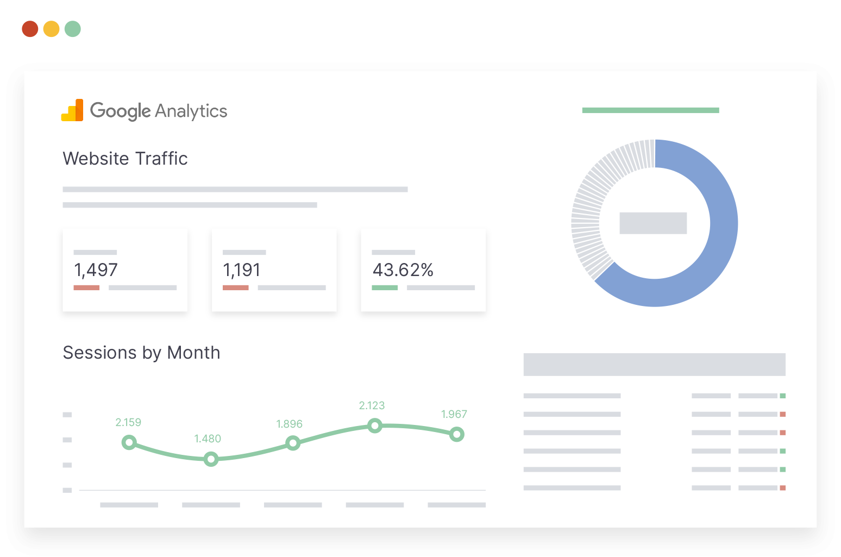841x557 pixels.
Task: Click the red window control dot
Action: (30, 29)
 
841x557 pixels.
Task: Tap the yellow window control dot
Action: (51, 29)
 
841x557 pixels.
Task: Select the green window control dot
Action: (73, 29)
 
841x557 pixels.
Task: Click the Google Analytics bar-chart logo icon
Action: (72, 110)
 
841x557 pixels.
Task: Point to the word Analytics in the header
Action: (191, 111)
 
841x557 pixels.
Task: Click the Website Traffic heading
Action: (125, 159)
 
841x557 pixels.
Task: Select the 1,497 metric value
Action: (96, 270)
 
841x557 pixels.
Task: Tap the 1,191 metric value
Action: (242, 270)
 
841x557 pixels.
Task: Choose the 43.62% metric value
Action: (403, 270)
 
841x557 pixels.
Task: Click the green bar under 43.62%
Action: (385, 287)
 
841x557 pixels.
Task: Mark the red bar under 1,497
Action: (86, 287)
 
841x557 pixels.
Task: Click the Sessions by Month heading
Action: (141, 353)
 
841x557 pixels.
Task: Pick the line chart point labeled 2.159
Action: (129, 443)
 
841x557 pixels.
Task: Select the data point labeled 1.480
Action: (211, 460)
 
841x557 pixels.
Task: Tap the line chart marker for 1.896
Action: (293, 443)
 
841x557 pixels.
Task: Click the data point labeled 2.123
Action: (374, 426)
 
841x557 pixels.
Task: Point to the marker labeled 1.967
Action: (457, 434)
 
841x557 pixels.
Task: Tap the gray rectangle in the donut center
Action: (653, 223)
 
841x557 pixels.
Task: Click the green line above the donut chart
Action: (650, 110)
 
